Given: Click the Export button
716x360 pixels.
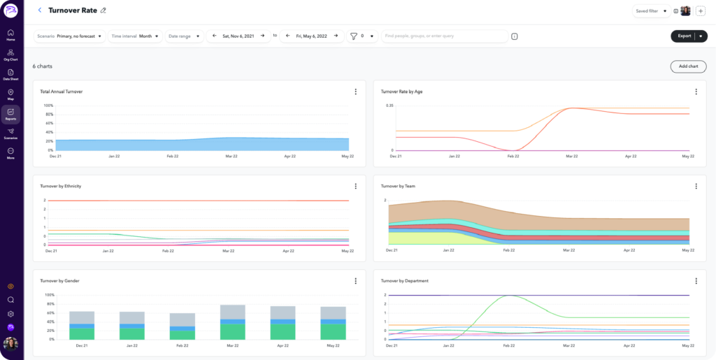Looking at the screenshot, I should click(683, 36).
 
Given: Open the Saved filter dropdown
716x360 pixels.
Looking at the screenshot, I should click(650, 11).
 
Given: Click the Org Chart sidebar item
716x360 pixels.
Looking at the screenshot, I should click(10, 55).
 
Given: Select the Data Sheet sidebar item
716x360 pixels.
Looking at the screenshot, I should click(10, 75).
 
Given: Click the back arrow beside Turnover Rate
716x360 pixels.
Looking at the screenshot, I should click(40, 10).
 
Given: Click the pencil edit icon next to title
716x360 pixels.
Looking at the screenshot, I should click(103, 10).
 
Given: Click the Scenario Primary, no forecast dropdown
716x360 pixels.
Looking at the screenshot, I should click(69, 36).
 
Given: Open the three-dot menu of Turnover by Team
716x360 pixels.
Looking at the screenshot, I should click(696, 186).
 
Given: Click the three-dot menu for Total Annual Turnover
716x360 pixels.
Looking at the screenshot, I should click(355, 92).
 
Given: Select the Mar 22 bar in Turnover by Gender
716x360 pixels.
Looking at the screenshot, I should click(232, 322).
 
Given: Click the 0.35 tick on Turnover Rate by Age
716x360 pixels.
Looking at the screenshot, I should click(389, 105).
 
